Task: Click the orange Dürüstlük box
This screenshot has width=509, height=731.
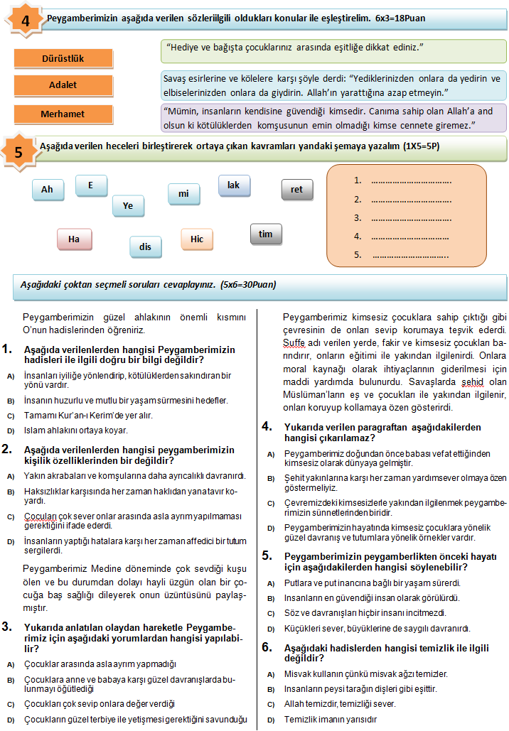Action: click(x=63, y=58)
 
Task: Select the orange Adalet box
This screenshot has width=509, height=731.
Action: click(x=63, y=85)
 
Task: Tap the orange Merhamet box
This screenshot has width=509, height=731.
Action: click(x=63, y=114)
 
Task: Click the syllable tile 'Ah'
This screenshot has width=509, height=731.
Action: click(x=48, y=190)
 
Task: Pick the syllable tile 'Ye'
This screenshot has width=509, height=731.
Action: click(x=128, y=206)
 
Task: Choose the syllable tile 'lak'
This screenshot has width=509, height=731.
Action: click(x=233, y=185)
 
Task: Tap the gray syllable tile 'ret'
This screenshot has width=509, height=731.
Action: click(x=296, y=190)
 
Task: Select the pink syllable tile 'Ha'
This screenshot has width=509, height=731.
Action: click(x=73, y=239)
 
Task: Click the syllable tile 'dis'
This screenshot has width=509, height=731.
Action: click(x=146, y=247)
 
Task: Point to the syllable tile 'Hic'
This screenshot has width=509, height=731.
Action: click(x=197, y=239)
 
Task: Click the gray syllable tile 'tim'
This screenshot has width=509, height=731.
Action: click(x=266, y=234)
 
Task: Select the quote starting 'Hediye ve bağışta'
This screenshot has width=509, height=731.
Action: click(x=333, y=50)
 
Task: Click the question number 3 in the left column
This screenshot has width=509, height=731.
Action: click(x=7, y=627)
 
